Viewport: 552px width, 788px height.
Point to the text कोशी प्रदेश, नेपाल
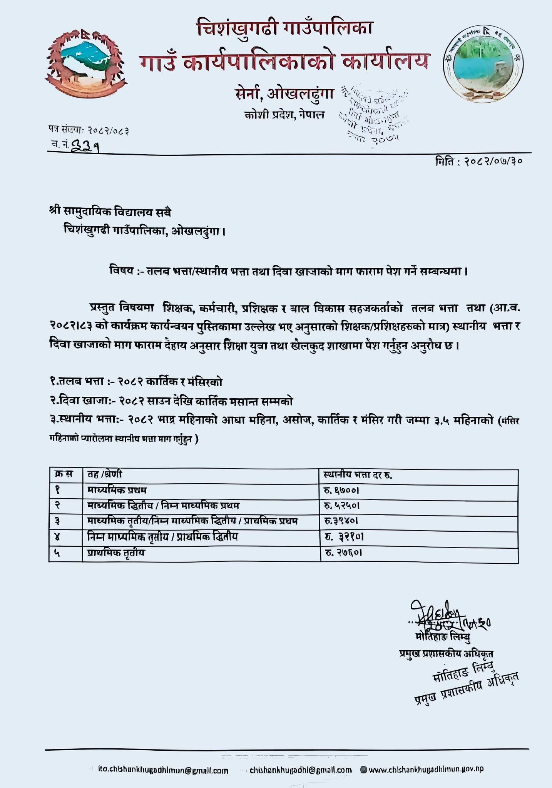coord(284,115)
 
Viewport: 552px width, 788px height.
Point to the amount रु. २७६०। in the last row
coord(343,553)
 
